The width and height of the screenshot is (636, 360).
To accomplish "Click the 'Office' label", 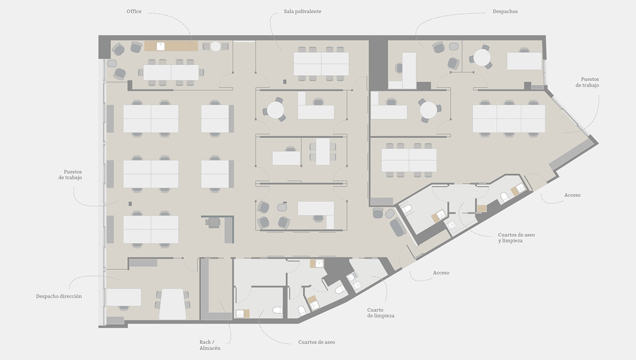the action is click(134, 11).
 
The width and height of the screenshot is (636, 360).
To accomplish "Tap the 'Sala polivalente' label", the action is click(303, 11).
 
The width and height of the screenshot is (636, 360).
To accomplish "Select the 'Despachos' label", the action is click(505, 11).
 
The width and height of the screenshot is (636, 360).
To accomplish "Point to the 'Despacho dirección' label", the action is click(59, 296).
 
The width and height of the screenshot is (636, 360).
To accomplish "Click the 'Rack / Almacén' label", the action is click(210, 345).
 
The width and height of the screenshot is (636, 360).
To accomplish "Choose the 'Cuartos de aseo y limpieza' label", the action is click(516, 238).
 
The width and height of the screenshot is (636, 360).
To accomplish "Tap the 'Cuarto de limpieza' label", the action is click(381, 313).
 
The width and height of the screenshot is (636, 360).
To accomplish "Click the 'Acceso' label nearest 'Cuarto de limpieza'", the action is click(441, 273).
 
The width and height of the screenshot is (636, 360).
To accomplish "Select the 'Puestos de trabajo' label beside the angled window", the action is click(587, 82).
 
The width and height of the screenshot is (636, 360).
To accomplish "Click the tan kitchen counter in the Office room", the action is click(171, 46).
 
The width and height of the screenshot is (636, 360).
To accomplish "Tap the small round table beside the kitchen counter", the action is click(216, 46).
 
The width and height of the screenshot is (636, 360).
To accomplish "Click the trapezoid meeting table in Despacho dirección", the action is click(172, 304).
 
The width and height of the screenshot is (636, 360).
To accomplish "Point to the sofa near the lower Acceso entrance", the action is click(397, 227).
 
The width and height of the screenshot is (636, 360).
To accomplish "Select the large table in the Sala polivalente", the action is click(321, 64).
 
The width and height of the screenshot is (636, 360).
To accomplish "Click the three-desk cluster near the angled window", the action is click(509, 118).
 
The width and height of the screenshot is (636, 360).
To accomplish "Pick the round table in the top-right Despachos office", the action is click(482, 57).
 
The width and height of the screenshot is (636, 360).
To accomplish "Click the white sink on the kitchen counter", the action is click(160, 46).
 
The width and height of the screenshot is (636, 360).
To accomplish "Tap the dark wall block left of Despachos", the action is click(378, 65).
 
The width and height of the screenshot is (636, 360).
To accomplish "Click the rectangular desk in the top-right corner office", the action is click(524, 61).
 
